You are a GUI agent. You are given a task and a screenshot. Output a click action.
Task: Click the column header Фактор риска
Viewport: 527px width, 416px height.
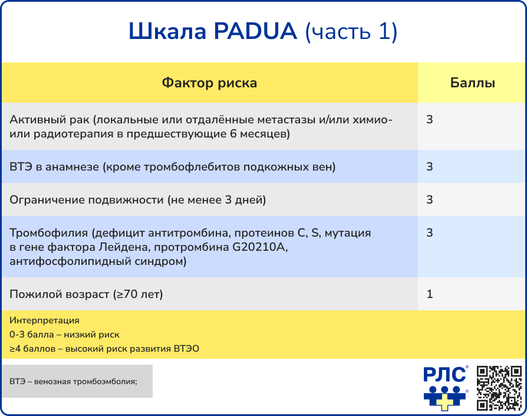[209, 83]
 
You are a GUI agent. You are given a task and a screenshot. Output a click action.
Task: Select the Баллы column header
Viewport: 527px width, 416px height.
[472, 83]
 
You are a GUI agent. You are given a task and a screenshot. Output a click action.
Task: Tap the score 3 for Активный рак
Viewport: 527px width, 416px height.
[430, 120]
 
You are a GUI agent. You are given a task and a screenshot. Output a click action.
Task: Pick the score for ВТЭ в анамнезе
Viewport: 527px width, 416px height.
[430, 167]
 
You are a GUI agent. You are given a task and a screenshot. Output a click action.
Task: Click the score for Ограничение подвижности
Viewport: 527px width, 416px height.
[430, 200]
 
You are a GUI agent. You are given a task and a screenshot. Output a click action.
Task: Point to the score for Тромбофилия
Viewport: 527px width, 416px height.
[430, 233]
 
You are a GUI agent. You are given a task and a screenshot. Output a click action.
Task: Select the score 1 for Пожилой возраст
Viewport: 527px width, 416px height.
[430, 294]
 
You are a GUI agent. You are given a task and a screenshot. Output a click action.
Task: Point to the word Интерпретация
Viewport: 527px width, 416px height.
[44, 321]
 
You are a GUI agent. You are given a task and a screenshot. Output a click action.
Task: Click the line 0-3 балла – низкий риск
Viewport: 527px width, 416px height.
[65, 335]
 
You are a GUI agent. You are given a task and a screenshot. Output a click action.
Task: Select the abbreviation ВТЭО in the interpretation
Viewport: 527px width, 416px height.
[186, 349]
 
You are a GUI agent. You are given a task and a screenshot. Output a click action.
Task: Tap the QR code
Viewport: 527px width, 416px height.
[499, 388]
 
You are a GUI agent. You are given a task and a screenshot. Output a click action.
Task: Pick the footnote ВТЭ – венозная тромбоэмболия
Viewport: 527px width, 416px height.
[73, 381]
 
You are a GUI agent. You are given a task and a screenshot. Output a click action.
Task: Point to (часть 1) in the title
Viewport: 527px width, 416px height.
[351, 32]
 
